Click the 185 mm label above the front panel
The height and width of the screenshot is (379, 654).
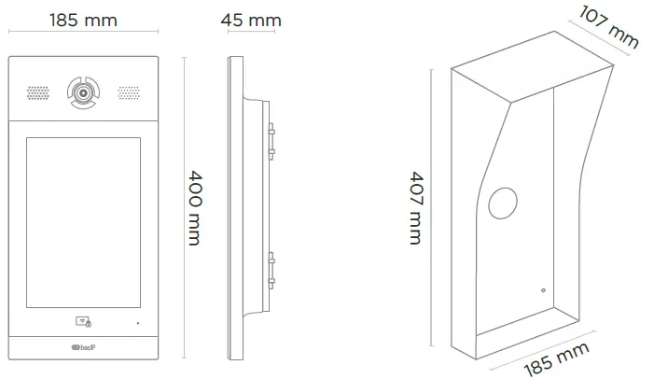83,21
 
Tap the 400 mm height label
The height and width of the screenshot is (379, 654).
194,207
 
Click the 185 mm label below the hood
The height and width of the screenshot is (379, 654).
556,359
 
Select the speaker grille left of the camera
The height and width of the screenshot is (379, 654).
37,93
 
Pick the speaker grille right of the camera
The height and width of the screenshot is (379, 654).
129,93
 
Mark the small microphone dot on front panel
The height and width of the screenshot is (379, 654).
138,323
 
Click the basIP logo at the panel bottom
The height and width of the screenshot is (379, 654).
83,350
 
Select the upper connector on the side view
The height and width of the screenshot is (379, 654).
270,139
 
